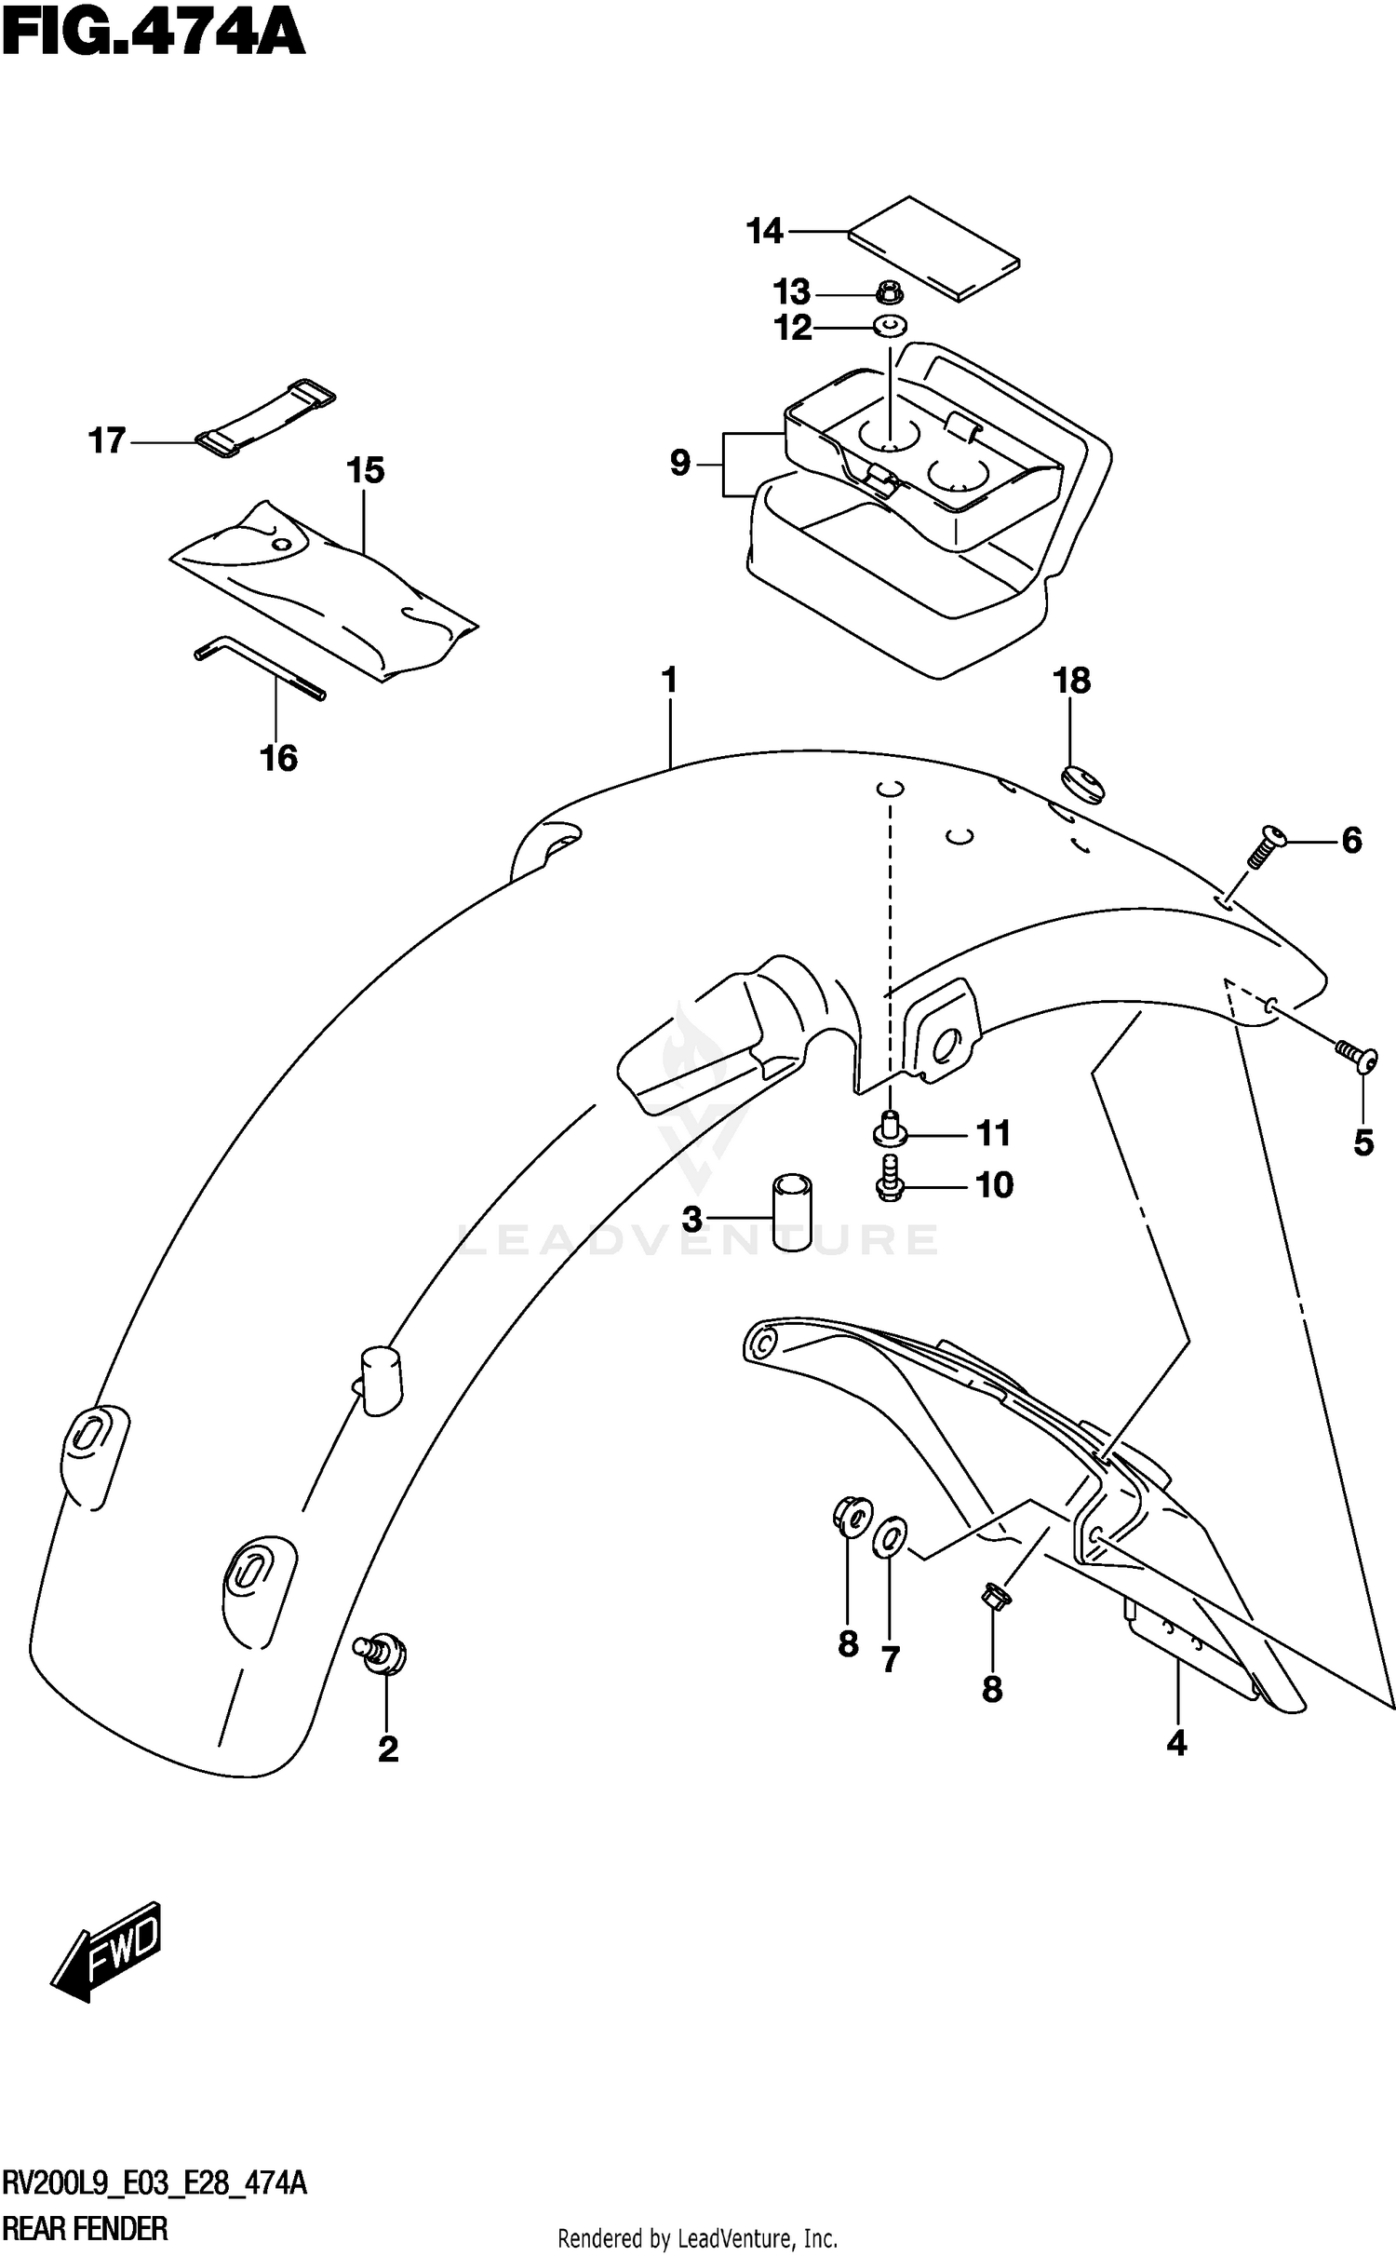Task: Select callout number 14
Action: pyautogui.click(x=765, y=231)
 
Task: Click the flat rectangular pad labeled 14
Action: pyautogui.click(x=933, y=249)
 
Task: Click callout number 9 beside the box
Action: pyautogui.click(x=680, y=463)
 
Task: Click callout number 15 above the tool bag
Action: pyautogui.click(x=366, y=471)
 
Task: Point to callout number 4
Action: pyautogui.click(x=1176, y=1743)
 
